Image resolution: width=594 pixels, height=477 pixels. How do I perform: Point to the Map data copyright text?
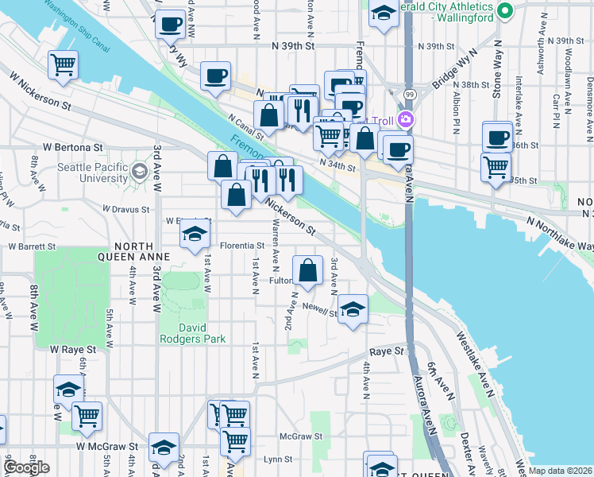coord(560,471)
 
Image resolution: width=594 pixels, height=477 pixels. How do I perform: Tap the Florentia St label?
coord(241,246)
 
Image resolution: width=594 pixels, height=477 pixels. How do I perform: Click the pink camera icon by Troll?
coord(407,120)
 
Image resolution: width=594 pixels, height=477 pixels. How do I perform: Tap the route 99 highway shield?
coord(408,94)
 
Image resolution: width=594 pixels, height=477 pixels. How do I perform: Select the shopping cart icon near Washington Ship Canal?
coord(63,64)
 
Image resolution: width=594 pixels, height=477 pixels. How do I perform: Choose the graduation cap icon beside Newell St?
coord(353,308)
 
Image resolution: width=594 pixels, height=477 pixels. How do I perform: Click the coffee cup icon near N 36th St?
coord(497,137)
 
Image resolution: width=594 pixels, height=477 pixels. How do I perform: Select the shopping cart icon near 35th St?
coord(496,167)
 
